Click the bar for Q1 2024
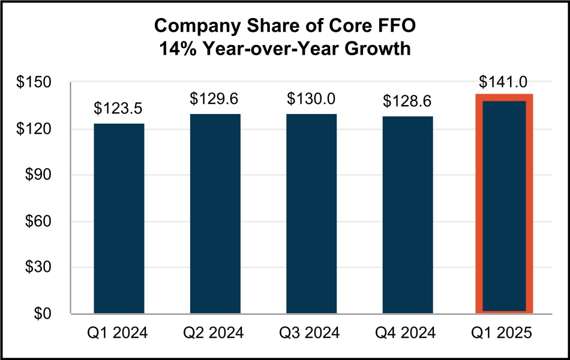coord(119,218)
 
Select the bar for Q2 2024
coord(215,214)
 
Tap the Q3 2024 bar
coord(311,214)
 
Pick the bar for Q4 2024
coord(408,215)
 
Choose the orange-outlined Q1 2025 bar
coord(504,204)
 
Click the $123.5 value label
coord(119,109)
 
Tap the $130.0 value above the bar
coord(311,98)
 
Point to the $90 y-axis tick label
coord(40,175)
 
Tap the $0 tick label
coord(44,314)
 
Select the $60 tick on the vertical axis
coord(40,221)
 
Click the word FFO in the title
coord(394,27)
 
